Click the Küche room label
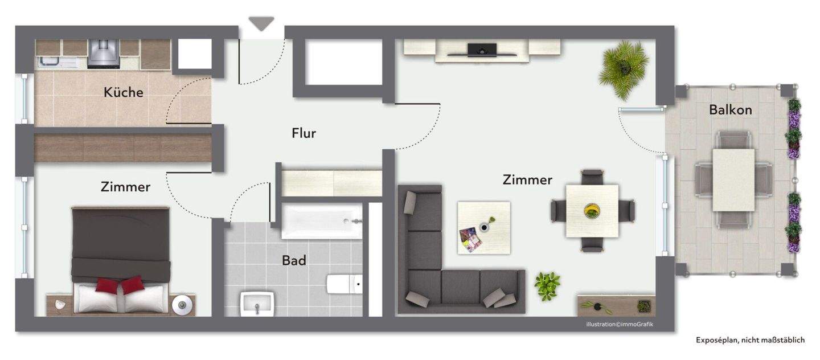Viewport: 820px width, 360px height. point(123,92)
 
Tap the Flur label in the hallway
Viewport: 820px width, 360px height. point(304,133)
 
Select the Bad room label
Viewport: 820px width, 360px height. point(294,261)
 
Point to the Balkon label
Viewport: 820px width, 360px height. point(731,110)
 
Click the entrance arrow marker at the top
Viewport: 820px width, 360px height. point(261,23)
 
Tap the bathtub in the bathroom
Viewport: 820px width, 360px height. point(322,222)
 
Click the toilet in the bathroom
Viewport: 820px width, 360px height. point(344,283)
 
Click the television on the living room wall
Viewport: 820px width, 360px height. point(482,50)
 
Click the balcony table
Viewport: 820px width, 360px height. point(733,179)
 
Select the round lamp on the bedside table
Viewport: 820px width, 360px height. point(182,305)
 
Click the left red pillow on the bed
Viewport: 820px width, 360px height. point(106,285)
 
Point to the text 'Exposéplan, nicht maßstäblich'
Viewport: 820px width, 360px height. point(750,340)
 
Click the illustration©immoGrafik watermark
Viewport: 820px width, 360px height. point(628,325)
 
